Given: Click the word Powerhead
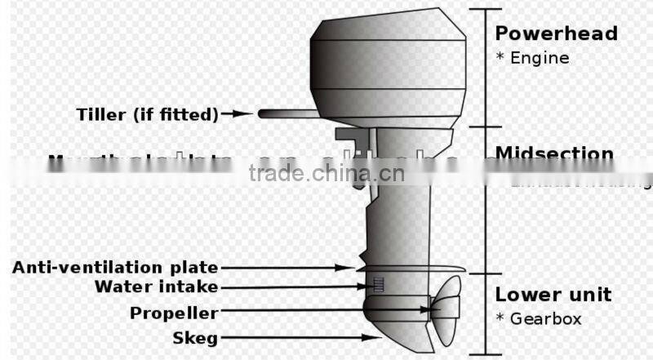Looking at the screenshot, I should [556, 33].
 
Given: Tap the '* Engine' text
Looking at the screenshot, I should [532, 58].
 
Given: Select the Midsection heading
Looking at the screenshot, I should [554, 153].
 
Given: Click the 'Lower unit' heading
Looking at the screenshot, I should [553, 295].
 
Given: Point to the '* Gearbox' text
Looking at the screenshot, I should [539, 319].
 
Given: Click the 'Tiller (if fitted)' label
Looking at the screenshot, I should [148, 114].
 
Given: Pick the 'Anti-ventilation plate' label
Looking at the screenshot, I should [115, 267].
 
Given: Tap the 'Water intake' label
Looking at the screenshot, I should [156, 287].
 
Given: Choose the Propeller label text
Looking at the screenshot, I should [174, 313].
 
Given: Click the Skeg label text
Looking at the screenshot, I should [194, 337].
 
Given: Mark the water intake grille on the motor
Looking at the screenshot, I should [378, 285].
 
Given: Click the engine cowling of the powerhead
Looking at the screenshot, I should [389, 61].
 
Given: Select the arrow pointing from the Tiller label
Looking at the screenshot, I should [238, 114].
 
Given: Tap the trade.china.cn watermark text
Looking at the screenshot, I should [326, 173].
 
